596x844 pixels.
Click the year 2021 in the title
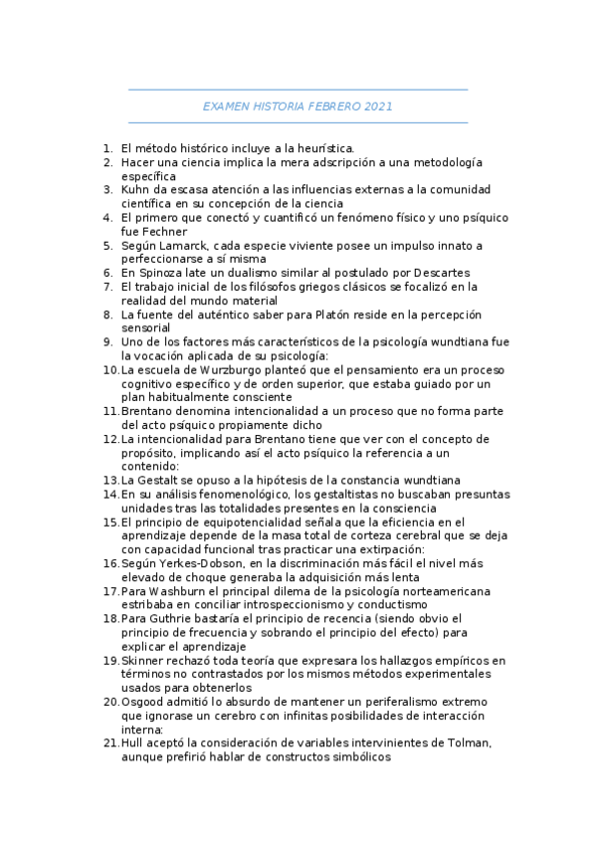click(378, 105)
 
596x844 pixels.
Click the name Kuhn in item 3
click(135, 189)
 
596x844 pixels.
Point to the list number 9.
click(107, 342)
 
